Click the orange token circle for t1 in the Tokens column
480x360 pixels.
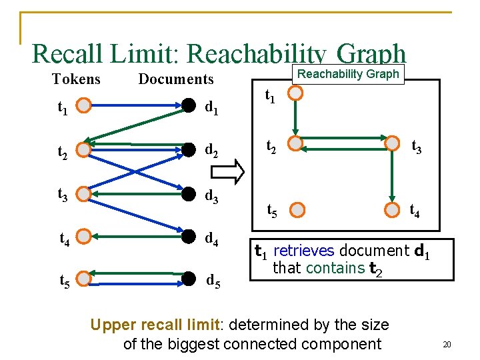coord(83,105)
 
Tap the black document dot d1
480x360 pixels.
coord(189,105)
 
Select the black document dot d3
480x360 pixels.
coord(189,195)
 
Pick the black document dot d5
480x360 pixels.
coord(189,278)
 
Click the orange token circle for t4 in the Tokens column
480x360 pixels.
coord(83,237)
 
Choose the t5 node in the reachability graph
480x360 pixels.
coord(297,211)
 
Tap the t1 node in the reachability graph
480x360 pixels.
coord(296,93)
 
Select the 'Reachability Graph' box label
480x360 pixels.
coord(348,74)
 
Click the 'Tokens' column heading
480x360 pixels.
coord(76,79)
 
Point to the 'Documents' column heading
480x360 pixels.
coord(176,79)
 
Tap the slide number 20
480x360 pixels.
coord(447,345)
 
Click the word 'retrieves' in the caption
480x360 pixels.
coord(305,251)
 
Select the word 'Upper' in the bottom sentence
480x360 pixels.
coord(111,325)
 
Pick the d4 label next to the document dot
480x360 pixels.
coord(214,238)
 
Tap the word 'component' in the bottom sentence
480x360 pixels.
coord(342,344)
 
